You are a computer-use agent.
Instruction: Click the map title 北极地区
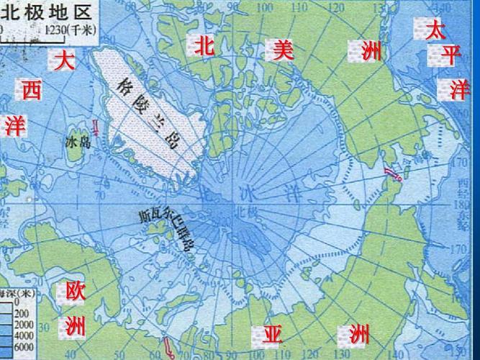(50, 11)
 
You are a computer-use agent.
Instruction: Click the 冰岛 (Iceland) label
(76, 142)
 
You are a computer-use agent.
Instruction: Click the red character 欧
(75, 292)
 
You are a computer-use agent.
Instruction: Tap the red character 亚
(271, 334)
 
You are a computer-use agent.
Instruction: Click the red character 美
(281, 50)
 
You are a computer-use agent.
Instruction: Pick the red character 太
(435, 30)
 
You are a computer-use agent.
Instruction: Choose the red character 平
(451, 55)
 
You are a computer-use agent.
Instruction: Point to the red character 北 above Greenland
(204, 45)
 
